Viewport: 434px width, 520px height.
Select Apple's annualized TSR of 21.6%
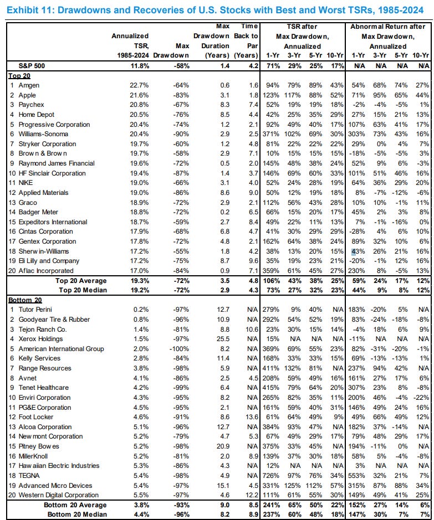[140, 94]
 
